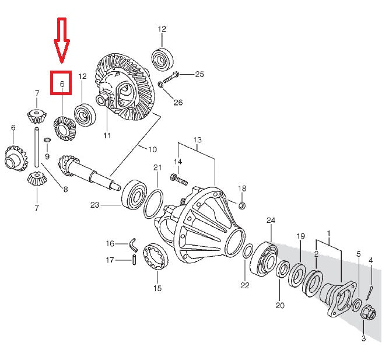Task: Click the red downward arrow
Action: click(62, 40)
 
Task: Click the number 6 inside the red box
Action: click(62, 84)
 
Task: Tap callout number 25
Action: click(199, 74)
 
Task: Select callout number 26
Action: click(178, 102)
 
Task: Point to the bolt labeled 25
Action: click(171, 76)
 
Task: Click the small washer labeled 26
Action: click(161, 85)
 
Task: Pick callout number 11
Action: click(107, 135)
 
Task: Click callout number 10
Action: click(152, 149)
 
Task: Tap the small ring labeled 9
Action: click(47, 140)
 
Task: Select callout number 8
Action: click(65, 189)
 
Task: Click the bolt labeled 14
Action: click(179, 179)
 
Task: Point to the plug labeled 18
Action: click(241, 205)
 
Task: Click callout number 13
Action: click(198, 140)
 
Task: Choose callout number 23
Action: click(94, 205)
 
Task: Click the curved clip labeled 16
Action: click(133, 244)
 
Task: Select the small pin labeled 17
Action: click(134, 260)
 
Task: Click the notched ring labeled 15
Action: click(156, 257)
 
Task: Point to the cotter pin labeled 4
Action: click(370, 293)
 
